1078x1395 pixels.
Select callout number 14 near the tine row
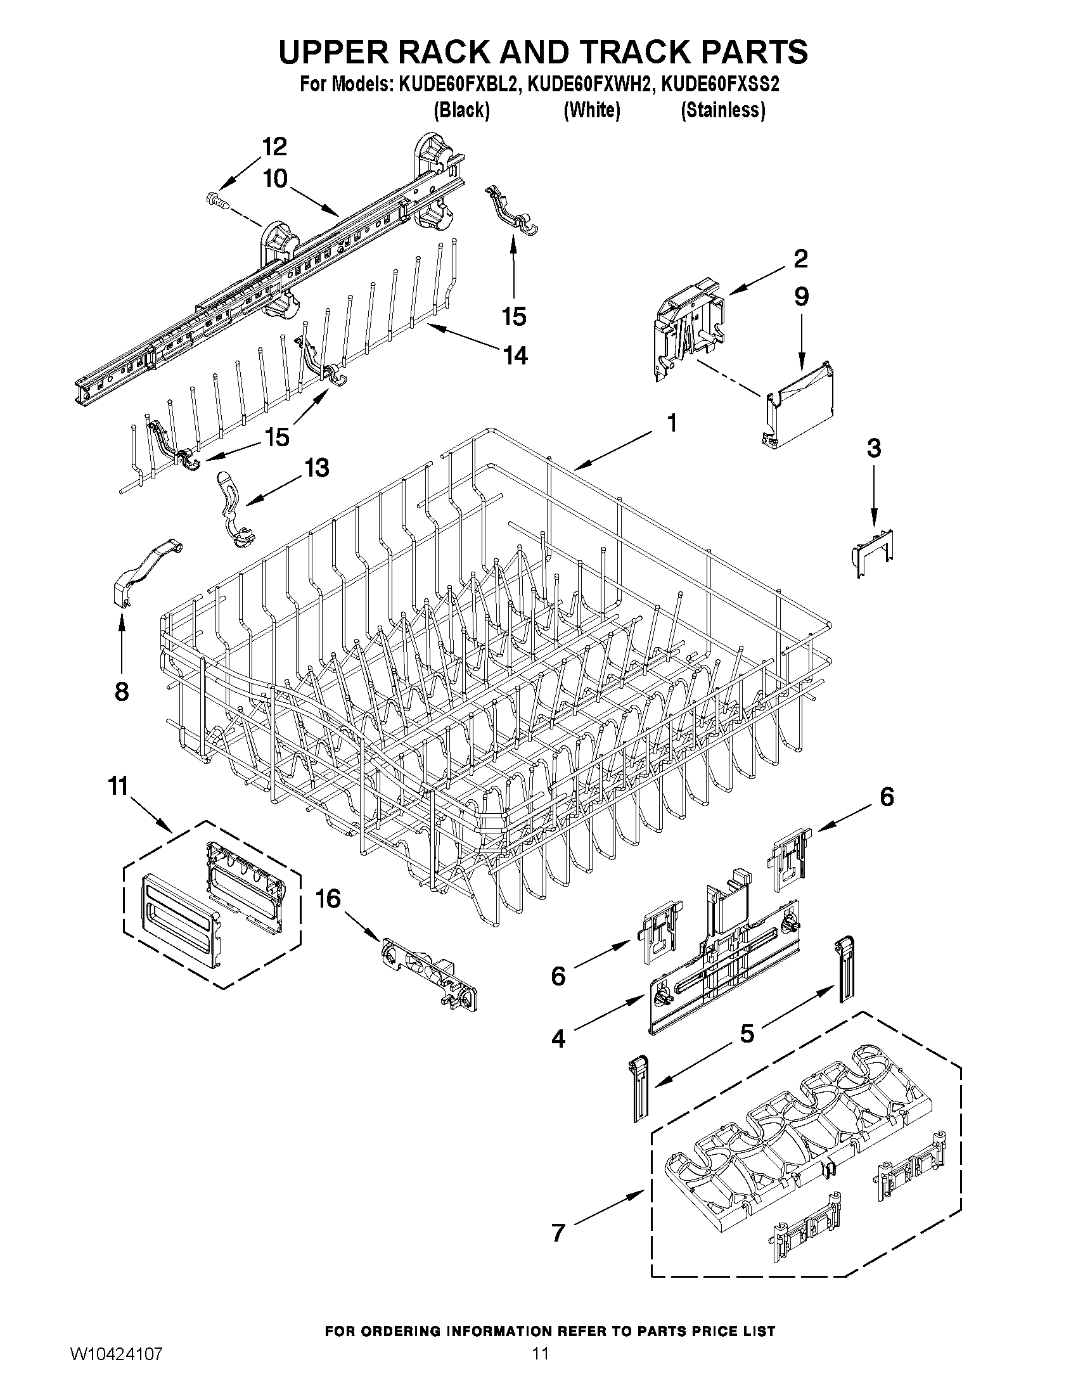coord(515,355)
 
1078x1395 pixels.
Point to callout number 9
coord(801,297)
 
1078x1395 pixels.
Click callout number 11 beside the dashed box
coord(118,786)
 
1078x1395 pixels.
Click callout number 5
coord(747,1033)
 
